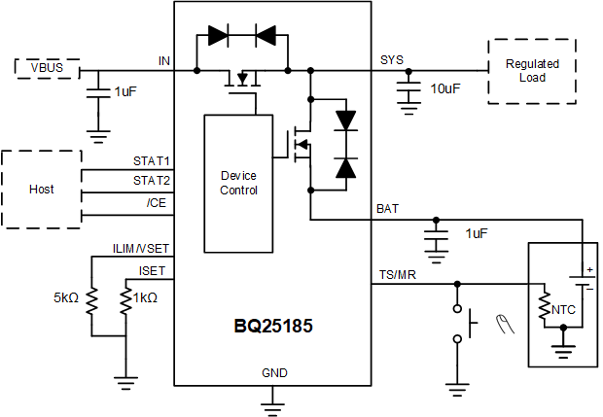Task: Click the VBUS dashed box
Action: click(47, 69)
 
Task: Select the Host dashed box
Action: click(41, 190)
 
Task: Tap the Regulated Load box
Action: click(532, 71)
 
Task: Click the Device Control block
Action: click(238, 184)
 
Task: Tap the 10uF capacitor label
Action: click(445, 88)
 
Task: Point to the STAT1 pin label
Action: click(152, 161)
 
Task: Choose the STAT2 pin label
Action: click(152, 180)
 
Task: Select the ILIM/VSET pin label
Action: click(142, 249)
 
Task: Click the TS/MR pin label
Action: click(395, 276)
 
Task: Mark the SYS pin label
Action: click(391, 61)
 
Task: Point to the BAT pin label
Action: click(386, 209)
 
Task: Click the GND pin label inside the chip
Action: click(274, 373)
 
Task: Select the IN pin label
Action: click(164, 61)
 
